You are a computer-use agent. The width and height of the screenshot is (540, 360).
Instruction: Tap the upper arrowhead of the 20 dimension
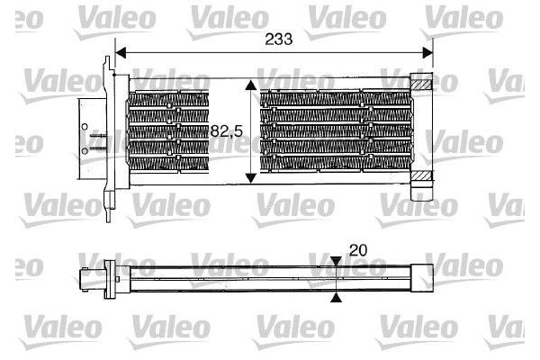pyautogui.click(x=335, y=262)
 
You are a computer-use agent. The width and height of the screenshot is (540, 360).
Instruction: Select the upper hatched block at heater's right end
pyautogui.click(x=422, y=83)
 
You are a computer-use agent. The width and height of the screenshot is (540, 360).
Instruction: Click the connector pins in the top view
pyautogui.click(x=102, y=138)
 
